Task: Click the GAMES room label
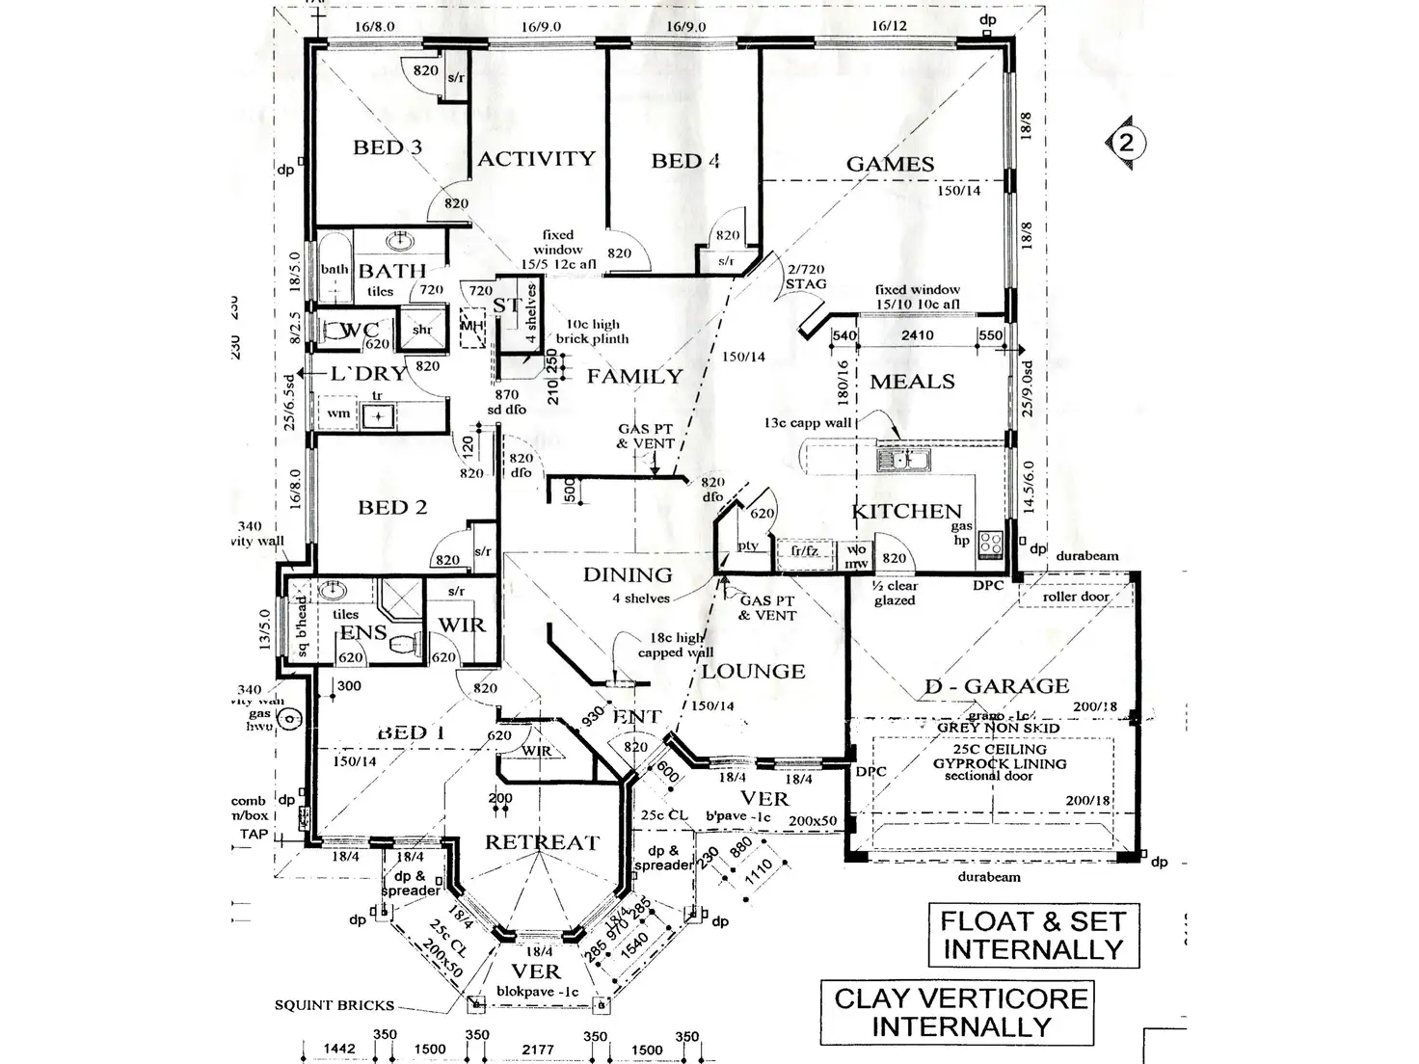[x=890, y=165]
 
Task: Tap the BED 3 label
[x=388, y=147]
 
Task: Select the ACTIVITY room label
[x=537, y=158]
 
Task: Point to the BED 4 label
[x=685, y=161]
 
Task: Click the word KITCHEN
[x=907, y=511]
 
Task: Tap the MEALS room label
[x=912, y=382]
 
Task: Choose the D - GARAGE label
[x=997, y=686]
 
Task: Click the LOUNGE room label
[x=753, y=671]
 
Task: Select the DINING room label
[x=628, y=574]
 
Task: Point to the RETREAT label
[x=542, y=842]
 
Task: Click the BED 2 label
[x=392, y=507]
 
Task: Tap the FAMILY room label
[x=634, y=377]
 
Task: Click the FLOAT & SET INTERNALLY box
[x=1033, y=935]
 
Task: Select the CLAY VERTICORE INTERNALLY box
[x=961, y=1012]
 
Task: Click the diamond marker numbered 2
[x=1127, y=144]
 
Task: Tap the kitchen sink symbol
[x=903, y=460]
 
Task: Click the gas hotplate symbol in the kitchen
[x=990, y=545]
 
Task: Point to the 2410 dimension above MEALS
[x=916, y=335]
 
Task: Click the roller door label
[x=1076, y=597]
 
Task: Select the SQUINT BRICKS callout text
[x=335, y=1005]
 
